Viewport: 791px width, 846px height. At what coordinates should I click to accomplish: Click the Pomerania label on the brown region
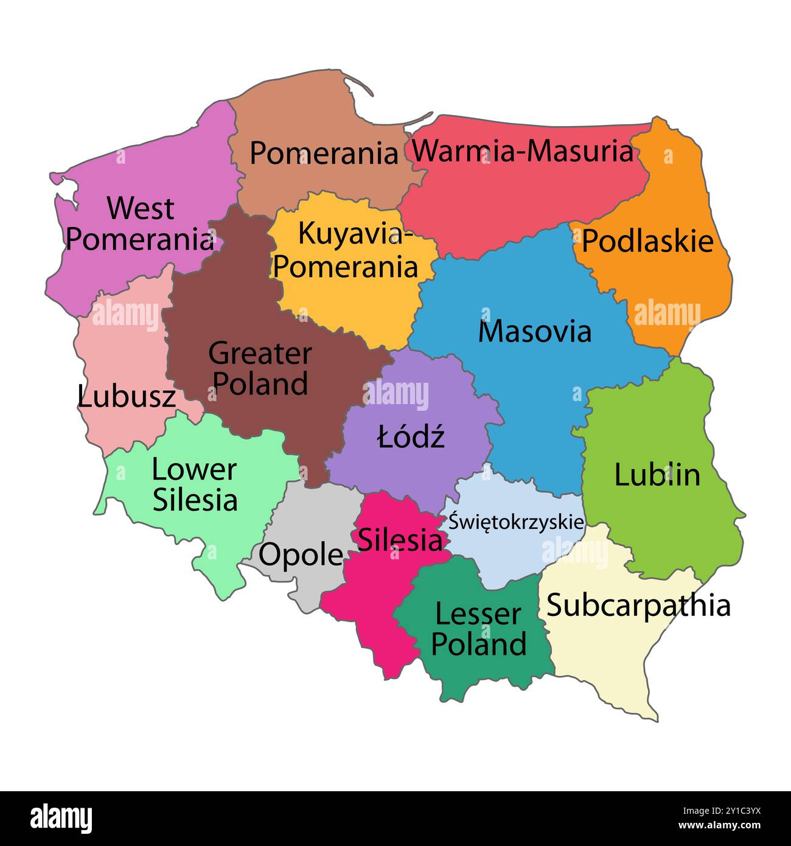pyautogui.click(x=324, y=153)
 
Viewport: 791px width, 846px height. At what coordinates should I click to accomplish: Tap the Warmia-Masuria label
pyautogui.click(x=523, y=151)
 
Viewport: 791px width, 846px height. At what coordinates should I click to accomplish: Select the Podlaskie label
pyautogui.click(x=647, y=241)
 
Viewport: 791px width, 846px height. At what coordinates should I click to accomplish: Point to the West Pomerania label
pyautogui.click(x=140, y=224)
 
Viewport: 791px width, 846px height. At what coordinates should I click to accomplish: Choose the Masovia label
pyautogui.click(x=534, y=332)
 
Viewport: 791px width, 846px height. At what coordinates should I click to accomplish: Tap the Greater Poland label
pyautogui.click(x=260, y=369)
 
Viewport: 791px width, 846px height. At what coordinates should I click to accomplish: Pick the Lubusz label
pyautogui.click(x=127, y=397)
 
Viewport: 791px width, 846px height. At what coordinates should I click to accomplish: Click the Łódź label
pyautogui.click(x=411, y=437)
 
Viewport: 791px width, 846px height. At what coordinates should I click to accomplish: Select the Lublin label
pyautogui.click(x=657, y=475)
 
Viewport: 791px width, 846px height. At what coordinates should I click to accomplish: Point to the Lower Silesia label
pyautogui.click(x=195, y=485)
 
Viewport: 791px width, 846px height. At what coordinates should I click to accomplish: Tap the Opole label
pyautogui.click(x=301, y=555)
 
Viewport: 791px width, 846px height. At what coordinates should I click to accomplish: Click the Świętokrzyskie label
pyautogui.click(x=516, y=522)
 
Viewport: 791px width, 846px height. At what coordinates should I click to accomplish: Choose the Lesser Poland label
pyautogui.click(x=478, y=629)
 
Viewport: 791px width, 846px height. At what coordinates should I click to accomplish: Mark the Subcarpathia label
pyautogui.click(x=638, y=606)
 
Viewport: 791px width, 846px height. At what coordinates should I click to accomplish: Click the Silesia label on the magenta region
pyautogui.click(x=400, y=539)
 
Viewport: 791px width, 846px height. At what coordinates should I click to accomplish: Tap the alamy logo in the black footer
pyautogui.click(x=61, y=818)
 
